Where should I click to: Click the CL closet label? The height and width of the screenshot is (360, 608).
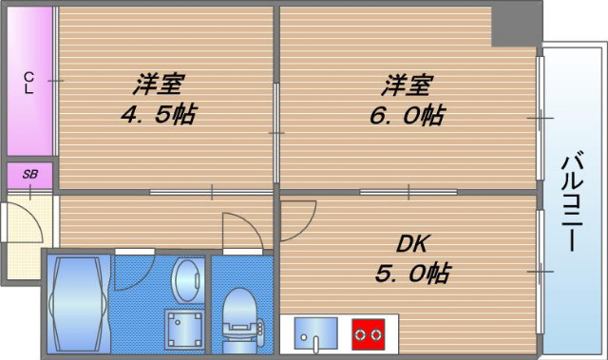tap(28, 83)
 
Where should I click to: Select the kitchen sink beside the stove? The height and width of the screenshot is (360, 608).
tap(313, 332)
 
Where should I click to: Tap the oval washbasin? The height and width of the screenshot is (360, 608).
tap(185, 279)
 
